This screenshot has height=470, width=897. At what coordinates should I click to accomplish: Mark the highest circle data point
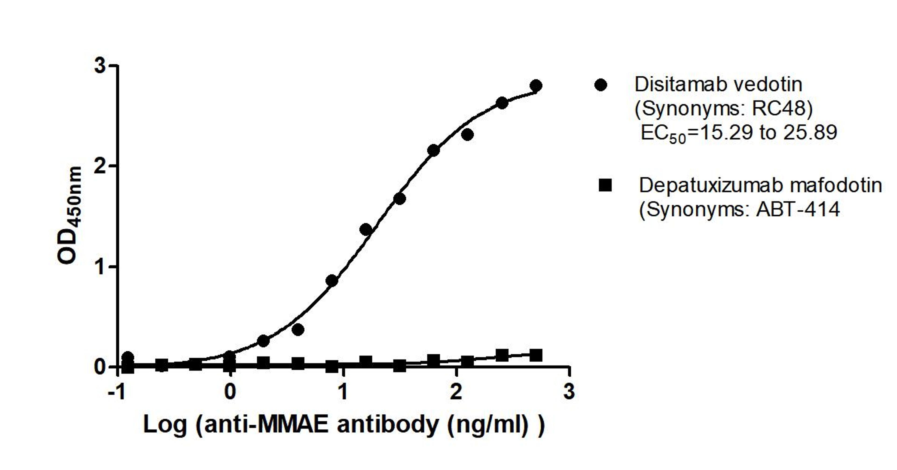(x=536, y=85)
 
